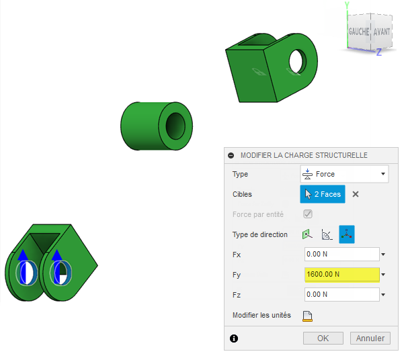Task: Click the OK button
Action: coord(323,338)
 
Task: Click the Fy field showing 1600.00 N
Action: coord(342,274)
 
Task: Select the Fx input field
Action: coord(342,254)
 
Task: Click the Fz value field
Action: coord(342,295)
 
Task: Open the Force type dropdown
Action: coord(344,174)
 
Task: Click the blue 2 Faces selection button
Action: coord(323,194)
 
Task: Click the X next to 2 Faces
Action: coord(356,194)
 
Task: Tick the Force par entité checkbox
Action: coord(308,214)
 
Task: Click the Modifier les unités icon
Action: coord(307,316)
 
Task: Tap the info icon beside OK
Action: coord(234,339)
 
